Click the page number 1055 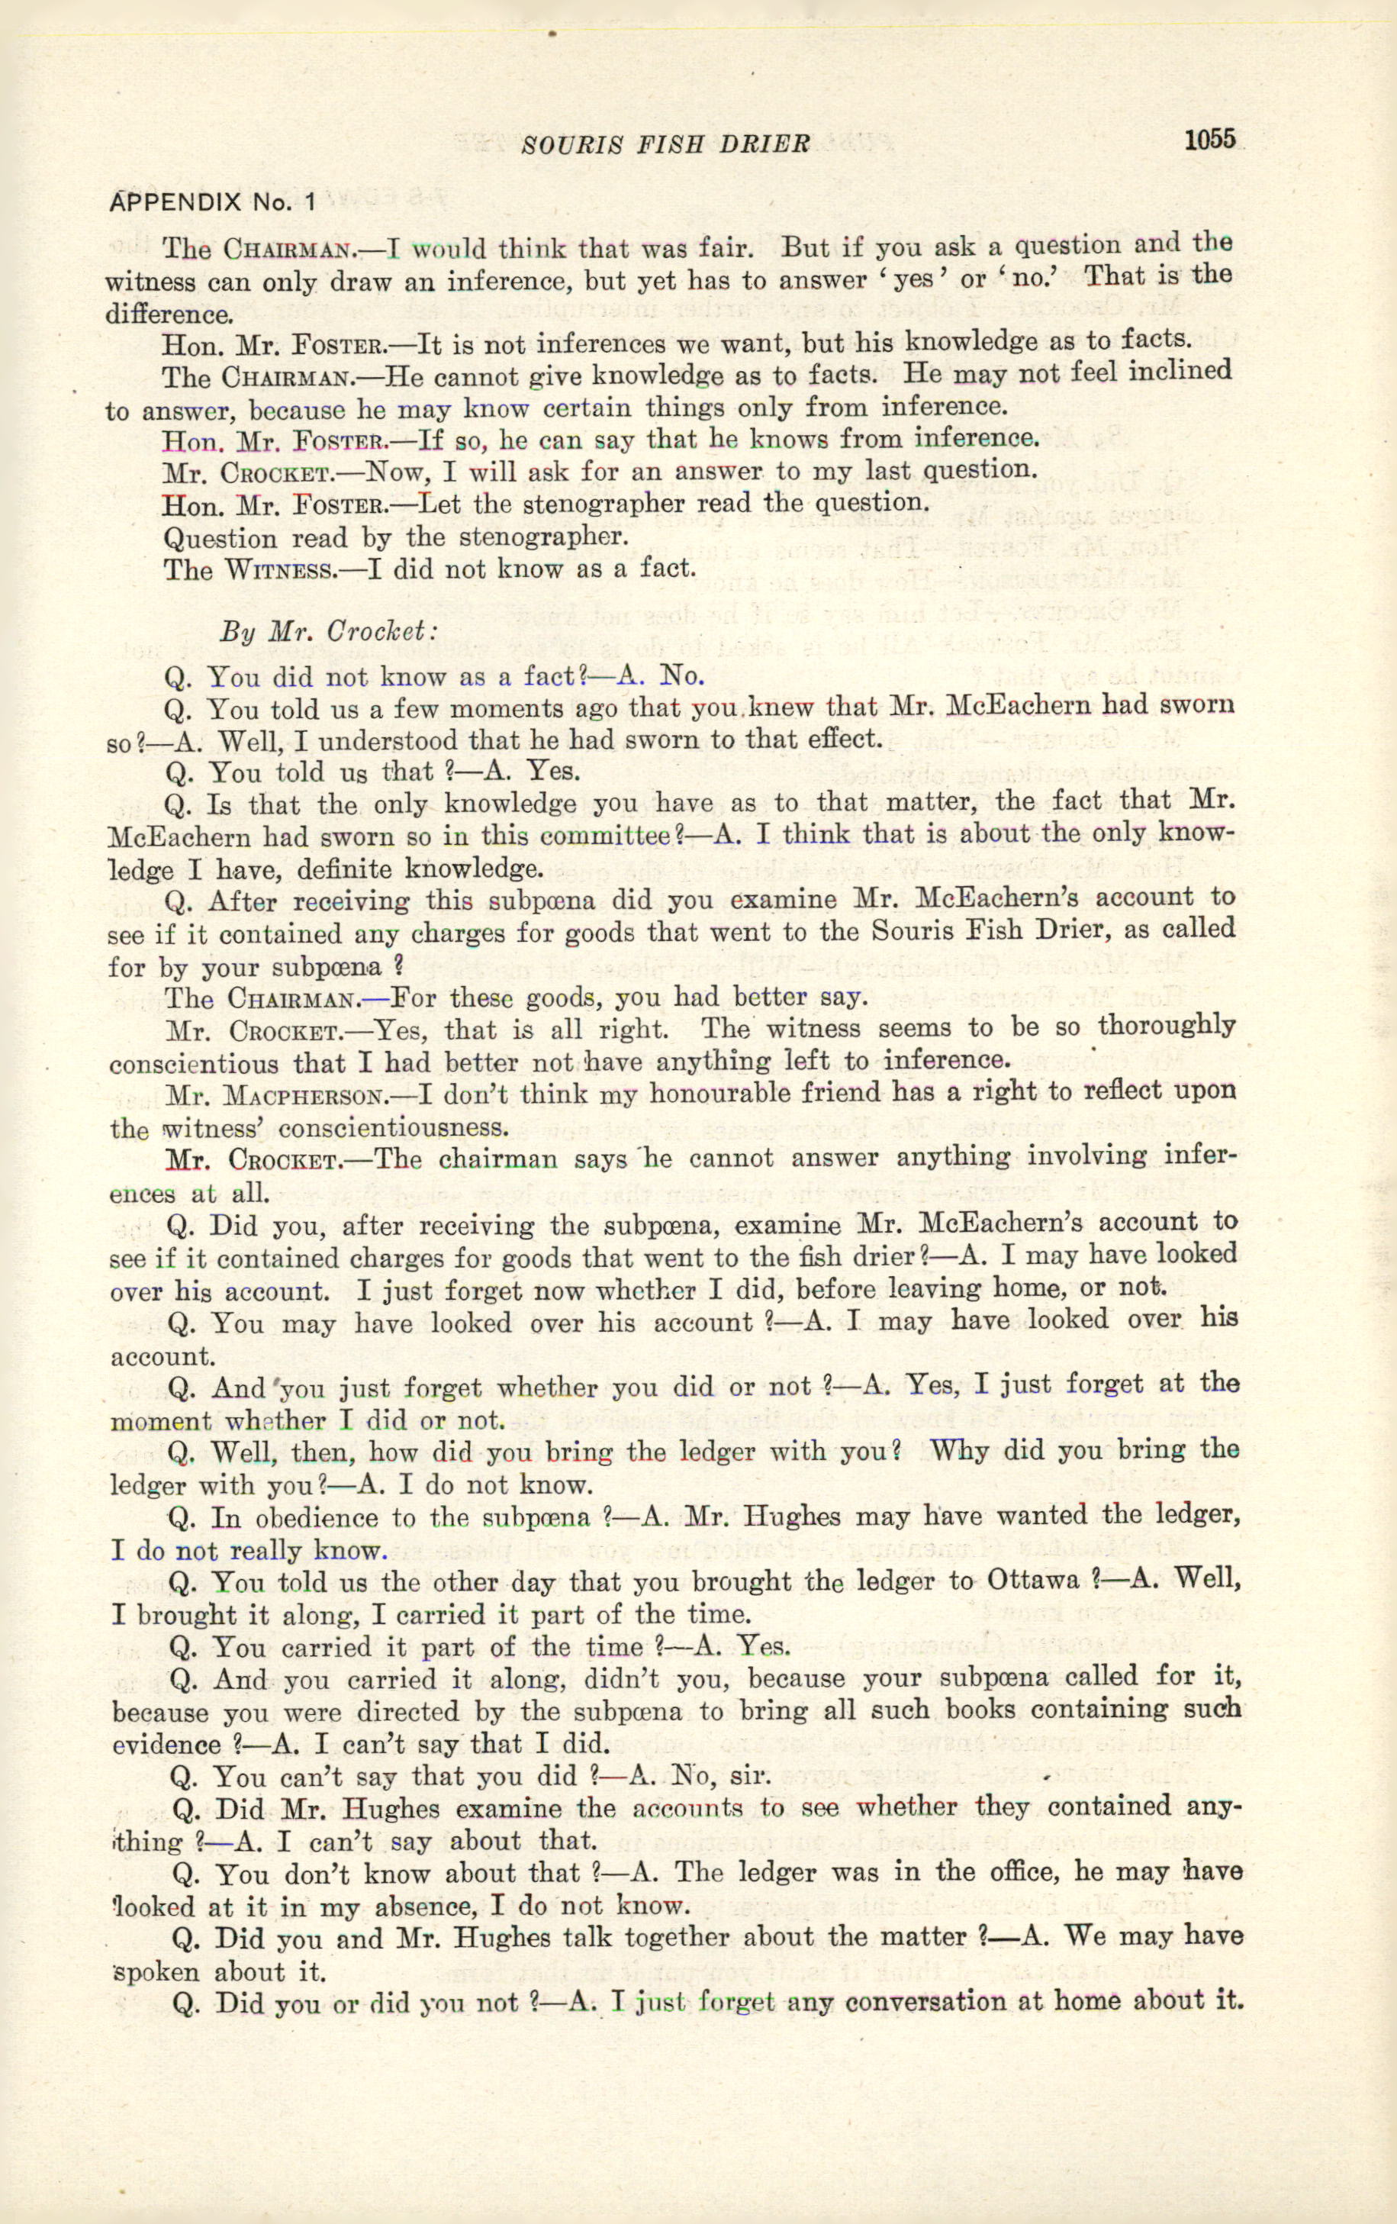coord(1209,140)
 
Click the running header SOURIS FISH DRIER coord(666,144)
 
